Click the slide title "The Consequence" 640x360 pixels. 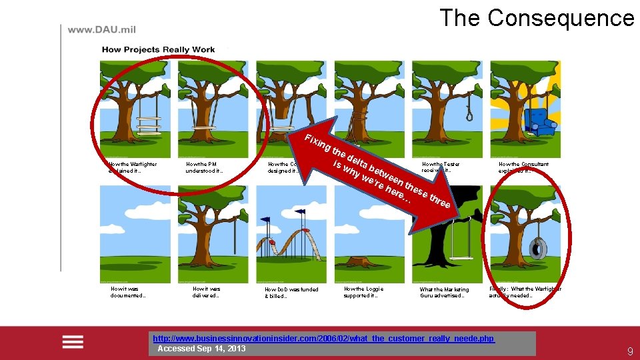coord(536,18)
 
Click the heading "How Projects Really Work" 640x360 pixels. coord(158,49)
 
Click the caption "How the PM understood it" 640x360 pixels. coord(205,167)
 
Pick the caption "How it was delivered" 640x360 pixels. coord(206,292)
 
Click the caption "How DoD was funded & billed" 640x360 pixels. coord(291,293)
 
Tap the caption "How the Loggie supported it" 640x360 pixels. coord(364,292)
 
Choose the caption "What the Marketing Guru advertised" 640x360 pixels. coord(445,293)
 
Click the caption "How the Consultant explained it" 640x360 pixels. coord(523,167)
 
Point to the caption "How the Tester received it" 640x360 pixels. coord(441,167)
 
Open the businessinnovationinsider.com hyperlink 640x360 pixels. coord(324,339)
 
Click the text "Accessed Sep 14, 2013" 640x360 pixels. coord(201,349)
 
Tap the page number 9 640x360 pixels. coord(629,351)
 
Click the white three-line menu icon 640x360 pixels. coord(73,341)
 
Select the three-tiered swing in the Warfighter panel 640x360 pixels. coord(149,125)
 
